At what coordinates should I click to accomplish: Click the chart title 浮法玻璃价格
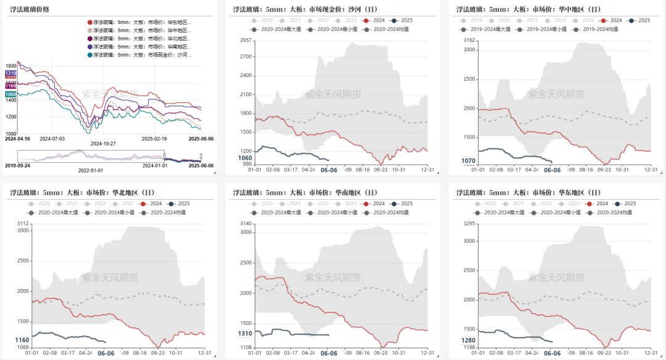pos(30,10)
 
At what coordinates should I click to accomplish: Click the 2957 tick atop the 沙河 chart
pos(245,40)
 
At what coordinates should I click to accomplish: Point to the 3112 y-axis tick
pos(23,223)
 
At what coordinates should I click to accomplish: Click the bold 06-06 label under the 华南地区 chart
pos(329,353)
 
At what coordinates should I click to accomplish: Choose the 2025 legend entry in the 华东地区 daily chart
pos(625,203)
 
